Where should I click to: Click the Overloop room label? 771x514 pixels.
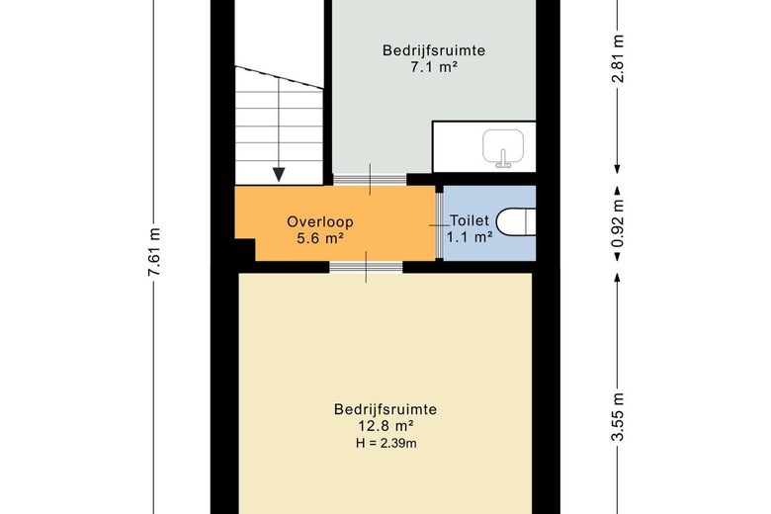tap(314, 221)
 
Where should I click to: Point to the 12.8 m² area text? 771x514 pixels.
tap(385, 427)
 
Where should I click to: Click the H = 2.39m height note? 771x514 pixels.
tap(385, 444)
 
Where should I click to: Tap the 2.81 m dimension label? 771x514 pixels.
tap(620, 61)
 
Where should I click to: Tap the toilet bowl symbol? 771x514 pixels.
tap(516, 221)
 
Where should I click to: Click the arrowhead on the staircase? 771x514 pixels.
tap(280, 174)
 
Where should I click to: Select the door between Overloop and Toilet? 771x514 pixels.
tap(437, 224)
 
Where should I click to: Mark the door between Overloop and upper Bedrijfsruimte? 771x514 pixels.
tap(370, 179)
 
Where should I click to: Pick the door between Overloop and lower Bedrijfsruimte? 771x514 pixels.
tap(366, 266)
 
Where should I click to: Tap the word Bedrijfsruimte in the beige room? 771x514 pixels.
tap(385, 409)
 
